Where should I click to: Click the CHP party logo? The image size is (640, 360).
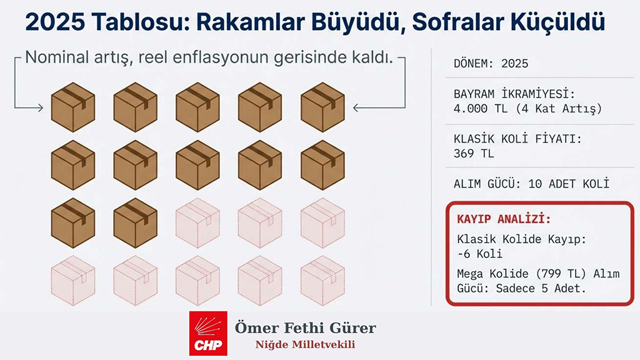point(209,334)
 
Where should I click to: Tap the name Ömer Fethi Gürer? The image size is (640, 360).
point(305,327)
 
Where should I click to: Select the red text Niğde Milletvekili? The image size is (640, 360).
point(305,345)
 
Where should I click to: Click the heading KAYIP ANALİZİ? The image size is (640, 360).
point(504,219)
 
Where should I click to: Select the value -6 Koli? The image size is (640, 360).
point(479,254)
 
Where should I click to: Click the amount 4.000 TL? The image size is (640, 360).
point(482,109)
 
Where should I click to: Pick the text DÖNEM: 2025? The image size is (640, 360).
point(491,64)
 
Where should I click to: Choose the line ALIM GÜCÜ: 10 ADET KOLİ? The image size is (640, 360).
point(531,184)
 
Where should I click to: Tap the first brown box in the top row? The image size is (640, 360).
point(72,107)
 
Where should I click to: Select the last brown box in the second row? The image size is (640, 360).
point(322,164)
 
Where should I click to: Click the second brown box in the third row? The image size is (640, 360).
point(135,222)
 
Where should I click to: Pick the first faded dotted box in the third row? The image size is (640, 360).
point(197,222)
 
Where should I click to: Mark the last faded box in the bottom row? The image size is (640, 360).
point(322,280)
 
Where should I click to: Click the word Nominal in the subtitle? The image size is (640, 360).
point(61,59)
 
